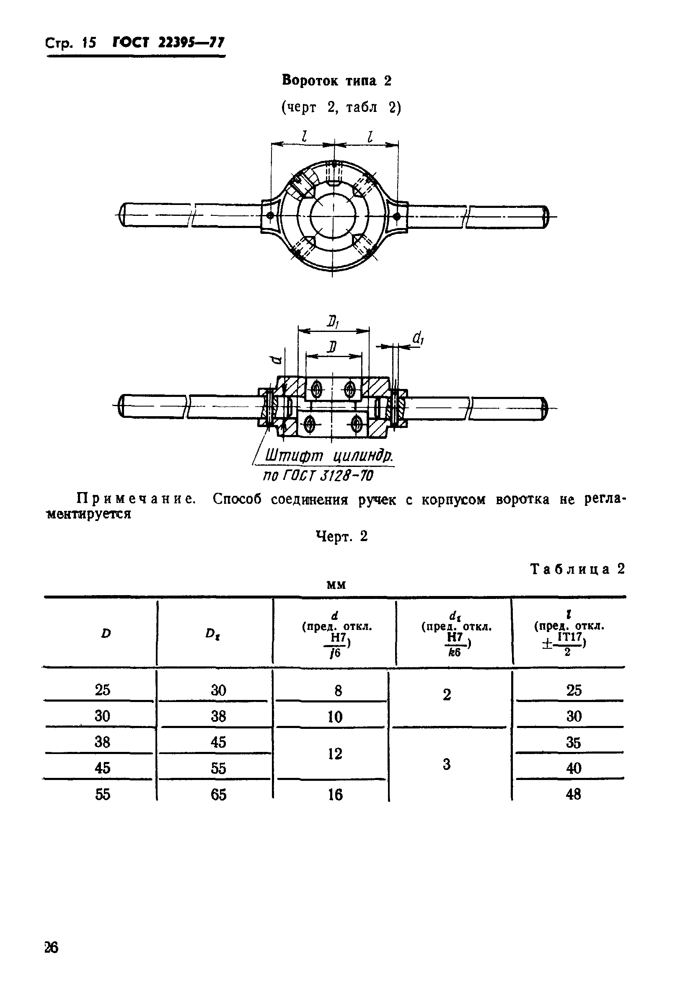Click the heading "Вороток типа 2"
[x=336, y=80]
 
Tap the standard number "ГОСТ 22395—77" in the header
[x=168, y=43]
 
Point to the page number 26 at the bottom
[x=52, y=948]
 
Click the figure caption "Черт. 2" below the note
[x=341, y=536]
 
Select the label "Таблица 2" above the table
[x=577, y=569]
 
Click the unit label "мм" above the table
[x=336, y=584]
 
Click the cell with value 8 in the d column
[x=338, y=691]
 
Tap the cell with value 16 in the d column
[x=335, y=795]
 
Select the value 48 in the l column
[x=573, y=794]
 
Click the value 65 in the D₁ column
[x=218, y=795]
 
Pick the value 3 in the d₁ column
[x=446, y=764]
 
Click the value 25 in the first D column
[x=102, y=690]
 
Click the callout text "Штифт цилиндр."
[x=329, y=456]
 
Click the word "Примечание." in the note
[x=136, y=499]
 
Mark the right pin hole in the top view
[x=397, y=216]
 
